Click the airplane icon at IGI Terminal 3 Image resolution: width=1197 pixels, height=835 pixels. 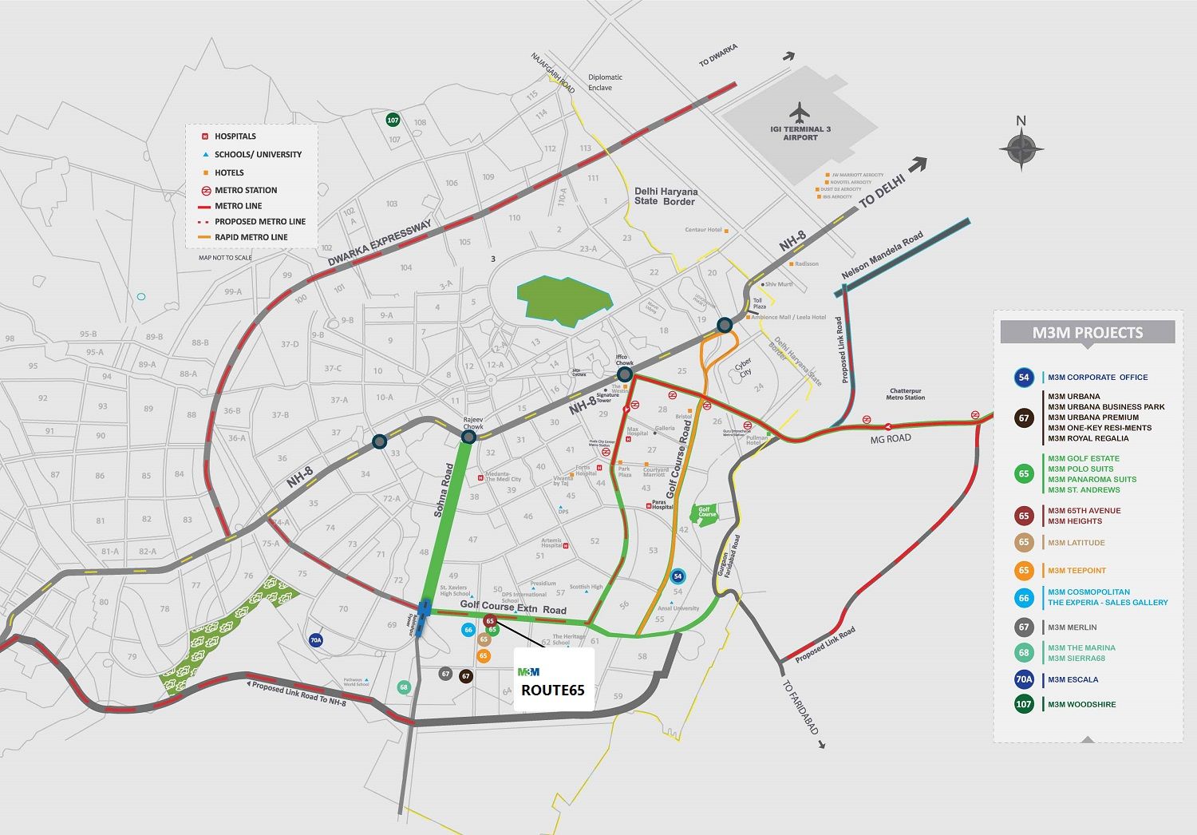[800, 111]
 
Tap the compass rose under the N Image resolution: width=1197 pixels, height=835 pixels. [1021, 148]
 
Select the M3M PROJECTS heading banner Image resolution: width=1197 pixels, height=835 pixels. [1087, 333]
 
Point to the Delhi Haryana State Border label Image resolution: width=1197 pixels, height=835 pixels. [666, 196]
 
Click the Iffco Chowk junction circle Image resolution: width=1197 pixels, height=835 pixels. [625, 374]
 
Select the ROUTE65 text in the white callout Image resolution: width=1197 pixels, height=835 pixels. [553, 691]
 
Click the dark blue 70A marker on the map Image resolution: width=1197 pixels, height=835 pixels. [316, 640]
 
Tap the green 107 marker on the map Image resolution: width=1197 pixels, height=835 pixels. [393, 120]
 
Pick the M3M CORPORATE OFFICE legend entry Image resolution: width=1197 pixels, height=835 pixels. [1097, 378]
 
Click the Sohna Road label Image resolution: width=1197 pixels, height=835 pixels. [444, 490]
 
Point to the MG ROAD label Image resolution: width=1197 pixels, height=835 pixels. [890, 439]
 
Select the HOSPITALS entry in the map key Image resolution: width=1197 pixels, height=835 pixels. [235, 137]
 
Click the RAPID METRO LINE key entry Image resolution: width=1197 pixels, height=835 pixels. [251, 237]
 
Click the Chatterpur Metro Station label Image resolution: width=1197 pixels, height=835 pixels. [906, 394]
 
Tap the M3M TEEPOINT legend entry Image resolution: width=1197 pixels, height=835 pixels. [1077, 571]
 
